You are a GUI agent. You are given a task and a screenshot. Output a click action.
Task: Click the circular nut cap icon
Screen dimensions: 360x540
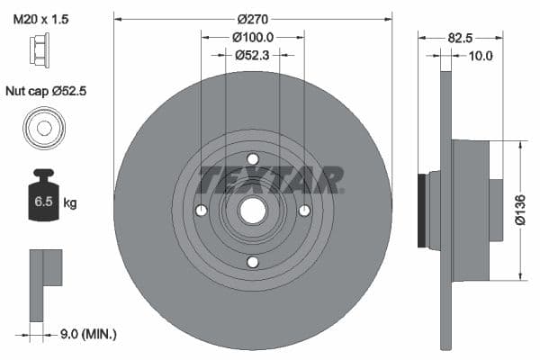[x=42, y=127]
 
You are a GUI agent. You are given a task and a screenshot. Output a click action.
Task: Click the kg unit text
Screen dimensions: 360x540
[x=69, y=202]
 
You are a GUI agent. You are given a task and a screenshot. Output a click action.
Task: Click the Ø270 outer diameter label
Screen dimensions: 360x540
[x=253, y=18]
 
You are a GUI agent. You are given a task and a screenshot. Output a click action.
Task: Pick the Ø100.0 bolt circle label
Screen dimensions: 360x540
[x=253, y=37]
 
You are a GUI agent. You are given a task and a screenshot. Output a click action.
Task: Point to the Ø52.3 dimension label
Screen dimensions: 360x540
[x=253, y=55]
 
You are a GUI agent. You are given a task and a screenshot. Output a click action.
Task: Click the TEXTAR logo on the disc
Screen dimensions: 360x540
[x=270, y=179]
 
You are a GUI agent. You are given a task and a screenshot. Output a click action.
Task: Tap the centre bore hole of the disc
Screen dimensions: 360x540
[x=253, y=211]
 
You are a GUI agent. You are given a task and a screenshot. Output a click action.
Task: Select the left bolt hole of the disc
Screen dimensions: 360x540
[x=202, y=211]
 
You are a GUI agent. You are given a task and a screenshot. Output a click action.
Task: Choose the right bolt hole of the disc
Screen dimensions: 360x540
[x=304, y=211]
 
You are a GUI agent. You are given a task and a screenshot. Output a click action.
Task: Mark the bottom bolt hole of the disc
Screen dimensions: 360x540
[x=253, y=262]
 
